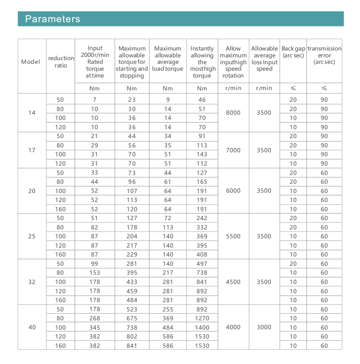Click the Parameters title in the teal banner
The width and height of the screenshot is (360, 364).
tap(53, 19)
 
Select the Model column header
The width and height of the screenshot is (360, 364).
tap(31, 62)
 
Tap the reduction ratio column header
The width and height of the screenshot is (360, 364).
tap(61, 62)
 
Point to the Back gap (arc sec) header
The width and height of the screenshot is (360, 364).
tap(293, 52)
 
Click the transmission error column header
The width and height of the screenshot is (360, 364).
tap(324, 55)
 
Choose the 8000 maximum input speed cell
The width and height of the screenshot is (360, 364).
tap(233, 113)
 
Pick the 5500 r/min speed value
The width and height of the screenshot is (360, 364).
tap(233, 236)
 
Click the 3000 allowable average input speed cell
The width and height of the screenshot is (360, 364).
tap(264, 327)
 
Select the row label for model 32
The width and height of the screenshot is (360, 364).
tap(32, 282)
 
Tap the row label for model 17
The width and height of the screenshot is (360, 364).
tap(32, 150)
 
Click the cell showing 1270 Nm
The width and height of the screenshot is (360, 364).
tap(202, 318)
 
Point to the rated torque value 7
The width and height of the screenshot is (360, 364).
tap(95, 100)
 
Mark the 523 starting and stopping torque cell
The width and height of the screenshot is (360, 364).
tap(132, 309)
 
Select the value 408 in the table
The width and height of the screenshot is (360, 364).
tap(202, 255)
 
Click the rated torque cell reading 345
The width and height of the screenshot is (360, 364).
tap(95, 328)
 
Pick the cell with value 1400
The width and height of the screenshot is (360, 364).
tap(202, 328)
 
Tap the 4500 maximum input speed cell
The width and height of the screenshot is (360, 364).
tap(233, 282)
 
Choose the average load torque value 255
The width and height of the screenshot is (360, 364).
tap(168, 309)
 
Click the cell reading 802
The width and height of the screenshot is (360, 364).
tap(132, 337)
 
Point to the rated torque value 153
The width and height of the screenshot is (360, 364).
tap(95, 273)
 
